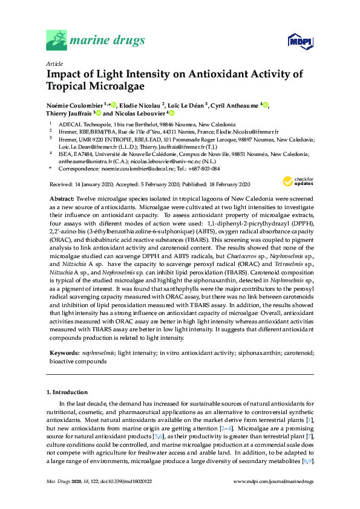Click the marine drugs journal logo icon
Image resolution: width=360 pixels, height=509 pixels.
pos(57,41)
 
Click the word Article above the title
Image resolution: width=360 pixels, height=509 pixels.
pos(54,63)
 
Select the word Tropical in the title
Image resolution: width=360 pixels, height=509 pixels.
pos(70,85)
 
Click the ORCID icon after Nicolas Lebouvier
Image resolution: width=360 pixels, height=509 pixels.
pos(172,113)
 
